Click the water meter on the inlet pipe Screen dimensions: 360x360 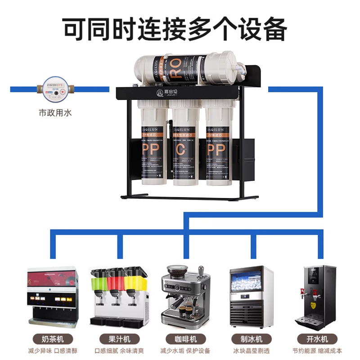tap(55, 88)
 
